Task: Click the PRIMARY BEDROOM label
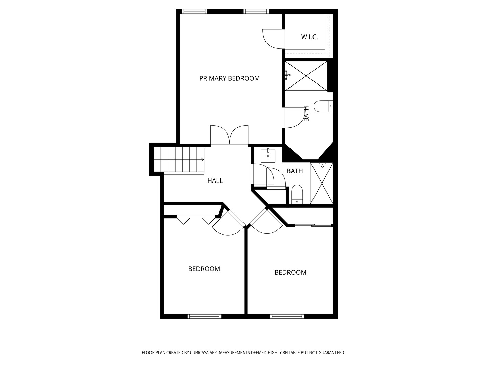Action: (229, 78)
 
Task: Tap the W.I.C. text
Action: (309, 37)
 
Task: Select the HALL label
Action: (215, 181)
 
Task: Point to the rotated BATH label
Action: (306, 114)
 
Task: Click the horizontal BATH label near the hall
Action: (295, 171)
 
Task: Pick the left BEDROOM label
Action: (204, 269)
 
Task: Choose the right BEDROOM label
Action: (291, 272)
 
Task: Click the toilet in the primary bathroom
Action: (323, 106)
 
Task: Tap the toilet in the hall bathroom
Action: (297, 194)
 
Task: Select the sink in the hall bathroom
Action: (268, 156)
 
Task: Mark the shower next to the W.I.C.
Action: (306, 76)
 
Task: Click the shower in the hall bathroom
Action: (322, 183)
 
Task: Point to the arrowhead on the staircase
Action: (202, 159)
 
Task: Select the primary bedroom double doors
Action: (229, 136)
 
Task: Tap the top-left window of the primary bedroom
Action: (194, 11)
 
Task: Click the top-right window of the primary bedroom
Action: (256, 11)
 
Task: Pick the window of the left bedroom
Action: (204, 316)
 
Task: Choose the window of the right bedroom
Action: (287, 316)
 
